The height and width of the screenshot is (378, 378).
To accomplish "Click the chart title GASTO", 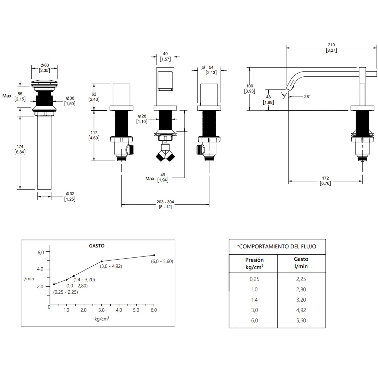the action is click(x=97, y=246).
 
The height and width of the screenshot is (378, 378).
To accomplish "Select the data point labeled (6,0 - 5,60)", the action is click(x=154, y=255).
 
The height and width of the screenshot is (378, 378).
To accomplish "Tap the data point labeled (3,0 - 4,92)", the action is click(x=102, y=261).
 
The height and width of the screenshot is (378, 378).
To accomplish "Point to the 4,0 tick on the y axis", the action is click(x=40, y=269).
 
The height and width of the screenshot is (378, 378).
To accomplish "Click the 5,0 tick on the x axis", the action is click(x=136, y=310).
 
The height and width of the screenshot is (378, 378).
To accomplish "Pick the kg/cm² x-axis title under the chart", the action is click(x=102, y=319).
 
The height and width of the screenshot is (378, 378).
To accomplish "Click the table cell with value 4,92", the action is click(x=301, y=310).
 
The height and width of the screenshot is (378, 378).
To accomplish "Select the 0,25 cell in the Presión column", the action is click(x=255, y=279).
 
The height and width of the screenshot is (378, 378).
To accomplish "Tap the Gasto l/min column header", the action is click(x=301, y=263).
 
